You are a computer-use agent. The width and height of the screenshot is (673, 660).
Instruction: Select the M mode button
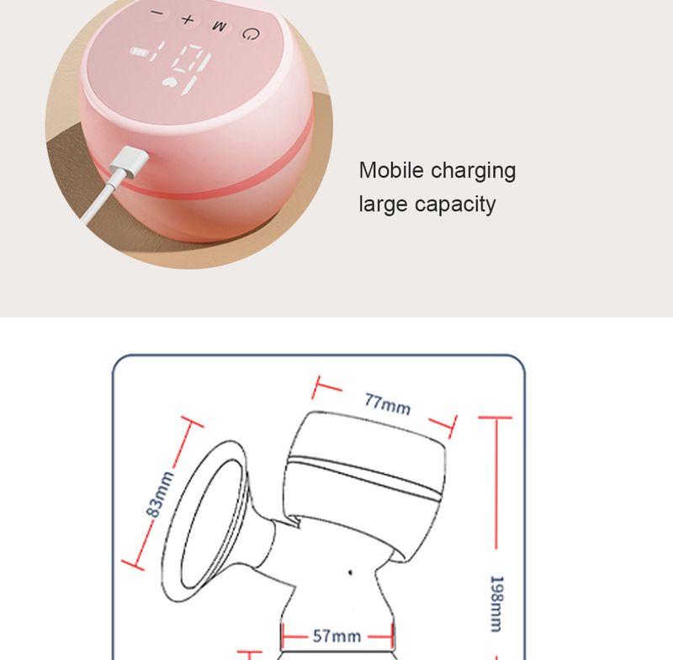pyautogui.click(x=220, y=26)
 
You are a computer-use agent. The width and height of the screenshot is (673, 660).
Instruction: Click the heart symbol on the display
pyautogui.click(x=174, y=82)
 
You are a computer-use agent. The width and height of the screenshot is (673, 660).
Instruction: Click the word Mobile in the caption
pyautogui.click(x=390, y=170)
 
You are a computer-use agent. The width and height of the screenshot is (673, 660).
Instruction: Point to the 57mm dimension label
pyautogui.click(x=336, y=636)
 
